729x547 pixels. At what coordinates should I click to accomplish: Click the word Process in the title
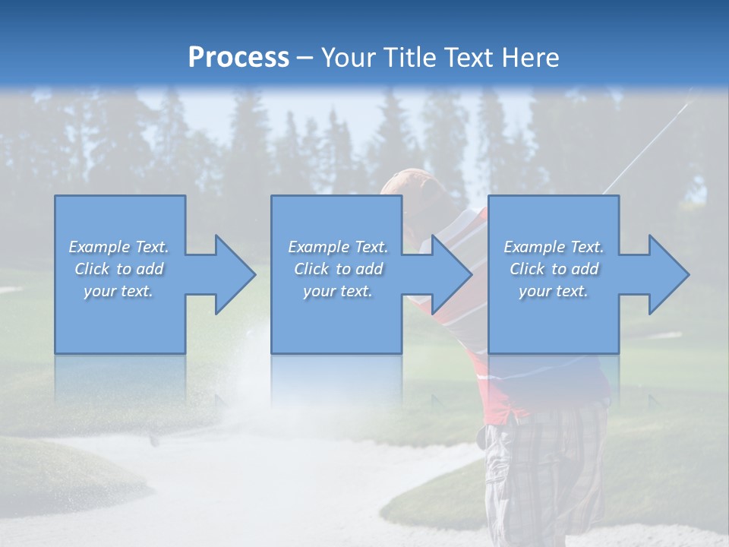238,58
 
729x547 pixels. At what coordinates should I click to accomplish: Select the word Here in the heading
532,58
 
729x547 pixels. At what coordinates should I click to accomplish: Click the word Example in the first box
99,247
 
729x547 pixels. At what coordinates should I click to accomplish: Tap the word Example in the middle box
319,247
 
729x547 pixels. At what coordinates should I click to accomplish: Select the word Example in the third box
535,247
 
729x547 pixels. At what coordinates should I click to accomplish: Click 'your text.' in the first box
118,291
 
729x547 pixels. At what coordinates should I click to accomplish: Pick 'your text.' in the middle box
338,291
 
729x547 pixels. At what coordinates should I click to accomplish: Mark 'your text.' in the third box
554,291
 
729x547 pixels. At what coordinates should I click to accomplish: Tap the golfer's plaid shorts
543,471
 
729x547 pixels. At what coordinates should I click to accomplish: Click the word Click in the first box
92,269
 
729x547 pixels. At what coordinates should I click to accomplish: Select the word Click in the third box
527,269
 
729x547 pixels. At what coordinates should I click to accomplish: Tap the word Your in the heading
348,58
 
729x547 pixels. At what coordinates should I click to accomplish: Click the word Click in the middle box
311,269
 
